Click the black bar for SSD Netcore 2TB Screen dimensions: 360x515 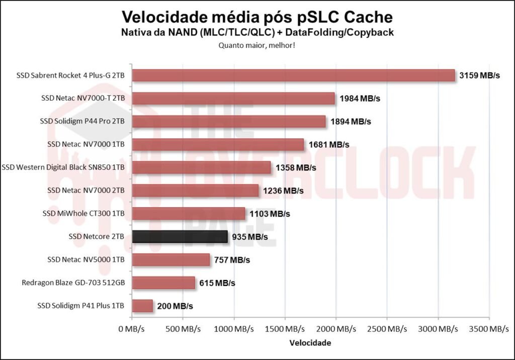tap(180, 237)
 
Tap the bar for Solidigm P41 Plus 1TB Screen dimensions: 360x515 tap(142, 306)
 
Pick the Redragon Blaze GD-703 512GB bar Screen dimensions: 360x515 tap(163, 283)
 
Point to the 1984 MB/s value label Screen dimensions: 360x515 tap(360, 99)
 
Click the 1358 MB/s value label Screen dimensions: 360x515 tap(296, 167)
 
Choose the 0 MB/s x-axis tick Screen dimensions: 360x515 tap(132, 329)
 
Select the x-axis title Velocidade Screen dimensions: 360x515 tap(310, 343)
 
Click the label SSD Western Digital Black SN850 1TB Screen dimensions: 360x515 tap(63, 167)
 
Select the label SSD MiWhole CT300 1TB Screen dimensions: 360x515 tap(83, 214)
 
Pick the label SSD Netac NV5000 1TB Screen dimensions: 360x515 tap(86, 260)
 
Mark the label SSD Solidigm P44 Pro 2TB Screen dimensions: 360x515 tap(82, 122)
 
